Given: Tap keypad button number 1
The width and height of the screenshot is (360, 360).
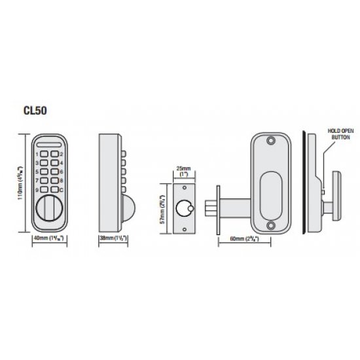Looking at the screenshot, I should tap(43, 154).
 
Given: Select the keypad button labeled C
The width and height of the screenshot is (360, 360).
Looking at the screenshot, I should tap(54, 190).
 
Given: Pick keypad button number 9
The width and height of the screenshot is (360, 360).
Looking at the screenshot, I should tap(43, 190).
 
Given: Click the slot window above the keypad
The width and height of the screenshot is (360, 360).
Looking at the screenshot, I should tap(48, 144).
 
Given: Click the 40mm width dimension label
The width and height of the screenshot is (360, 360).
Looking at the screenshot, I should tap(48, 238).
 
